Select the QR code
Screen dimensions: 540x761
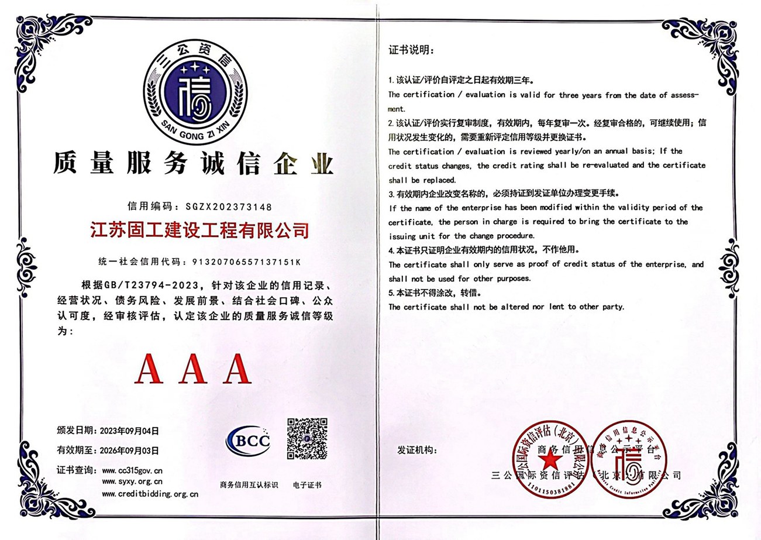pos(307,439)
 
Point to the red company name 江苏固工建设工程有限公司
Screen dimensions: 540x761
pos(199,229)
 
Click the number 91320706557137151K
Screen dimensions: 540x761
pos(245,262)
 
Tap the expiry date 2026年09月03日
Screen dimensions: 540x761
pos(130,450)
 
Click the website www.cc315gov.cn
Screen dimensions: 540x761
pos(132,470)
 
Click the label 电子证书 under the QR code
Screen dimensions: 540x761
pos(307,485)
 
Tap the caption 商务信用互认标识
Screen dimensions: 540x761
pos(249,485)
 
